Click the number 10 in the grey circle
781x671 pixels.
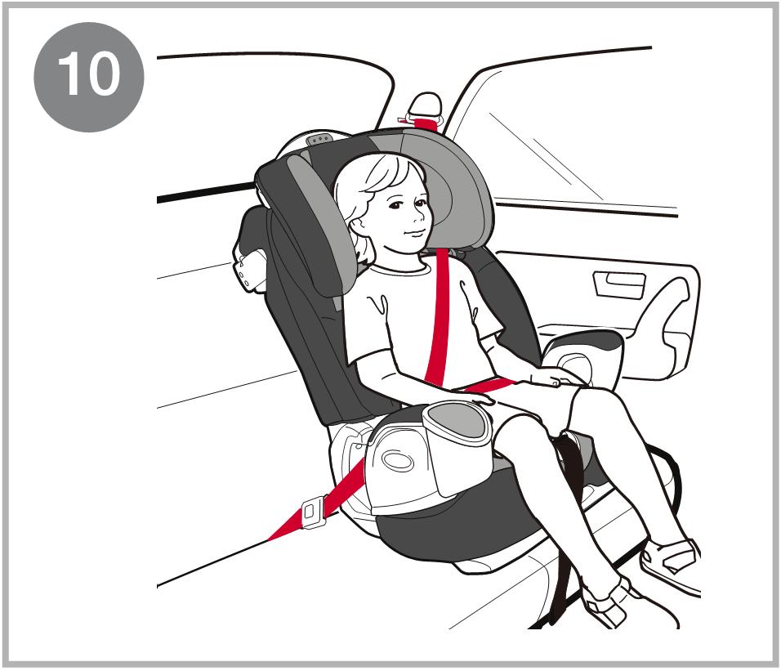(x=89, y=75)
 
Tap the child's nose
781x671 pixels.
(x=419, y=217)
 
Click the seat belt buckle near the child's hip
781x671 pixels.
(x=314, y=512)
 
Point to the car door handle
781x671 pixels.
(x=618, y=284)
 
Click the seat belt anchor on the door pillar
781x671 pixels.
(x=426, y=113)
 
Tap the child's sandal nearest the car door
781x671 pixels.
(x=670, y=561)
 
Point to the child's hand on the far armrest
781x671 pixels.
(x=554, y=377)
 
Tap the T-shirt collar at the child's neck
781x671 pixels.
(x=399, y=268)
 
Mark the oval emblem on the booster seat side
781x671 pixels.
(x=397, y=461)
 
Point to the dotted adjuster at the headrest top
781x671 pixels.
(x=320, y=139)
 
